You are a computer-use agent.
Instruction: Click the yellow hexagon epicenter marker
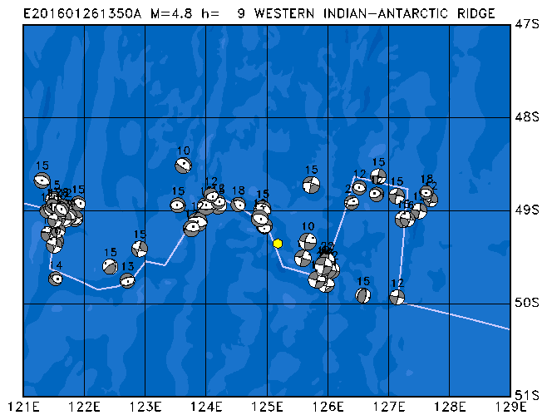(x=278, y=244)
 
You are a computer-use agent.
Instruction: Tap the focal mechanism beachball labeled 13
(x=127, y=280)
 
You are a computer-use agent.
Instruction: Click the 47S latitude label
(x=525, y=24)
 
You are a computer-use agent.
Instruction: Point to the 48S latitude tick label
(x=525, y=117)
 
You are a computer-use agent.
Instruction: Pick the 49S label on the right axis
(x=525, y=210)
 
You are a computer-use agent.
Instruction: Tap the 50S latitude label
(x=525, y=303)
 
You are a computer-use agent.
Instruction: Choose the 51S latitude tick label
(x=525, y=395)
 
